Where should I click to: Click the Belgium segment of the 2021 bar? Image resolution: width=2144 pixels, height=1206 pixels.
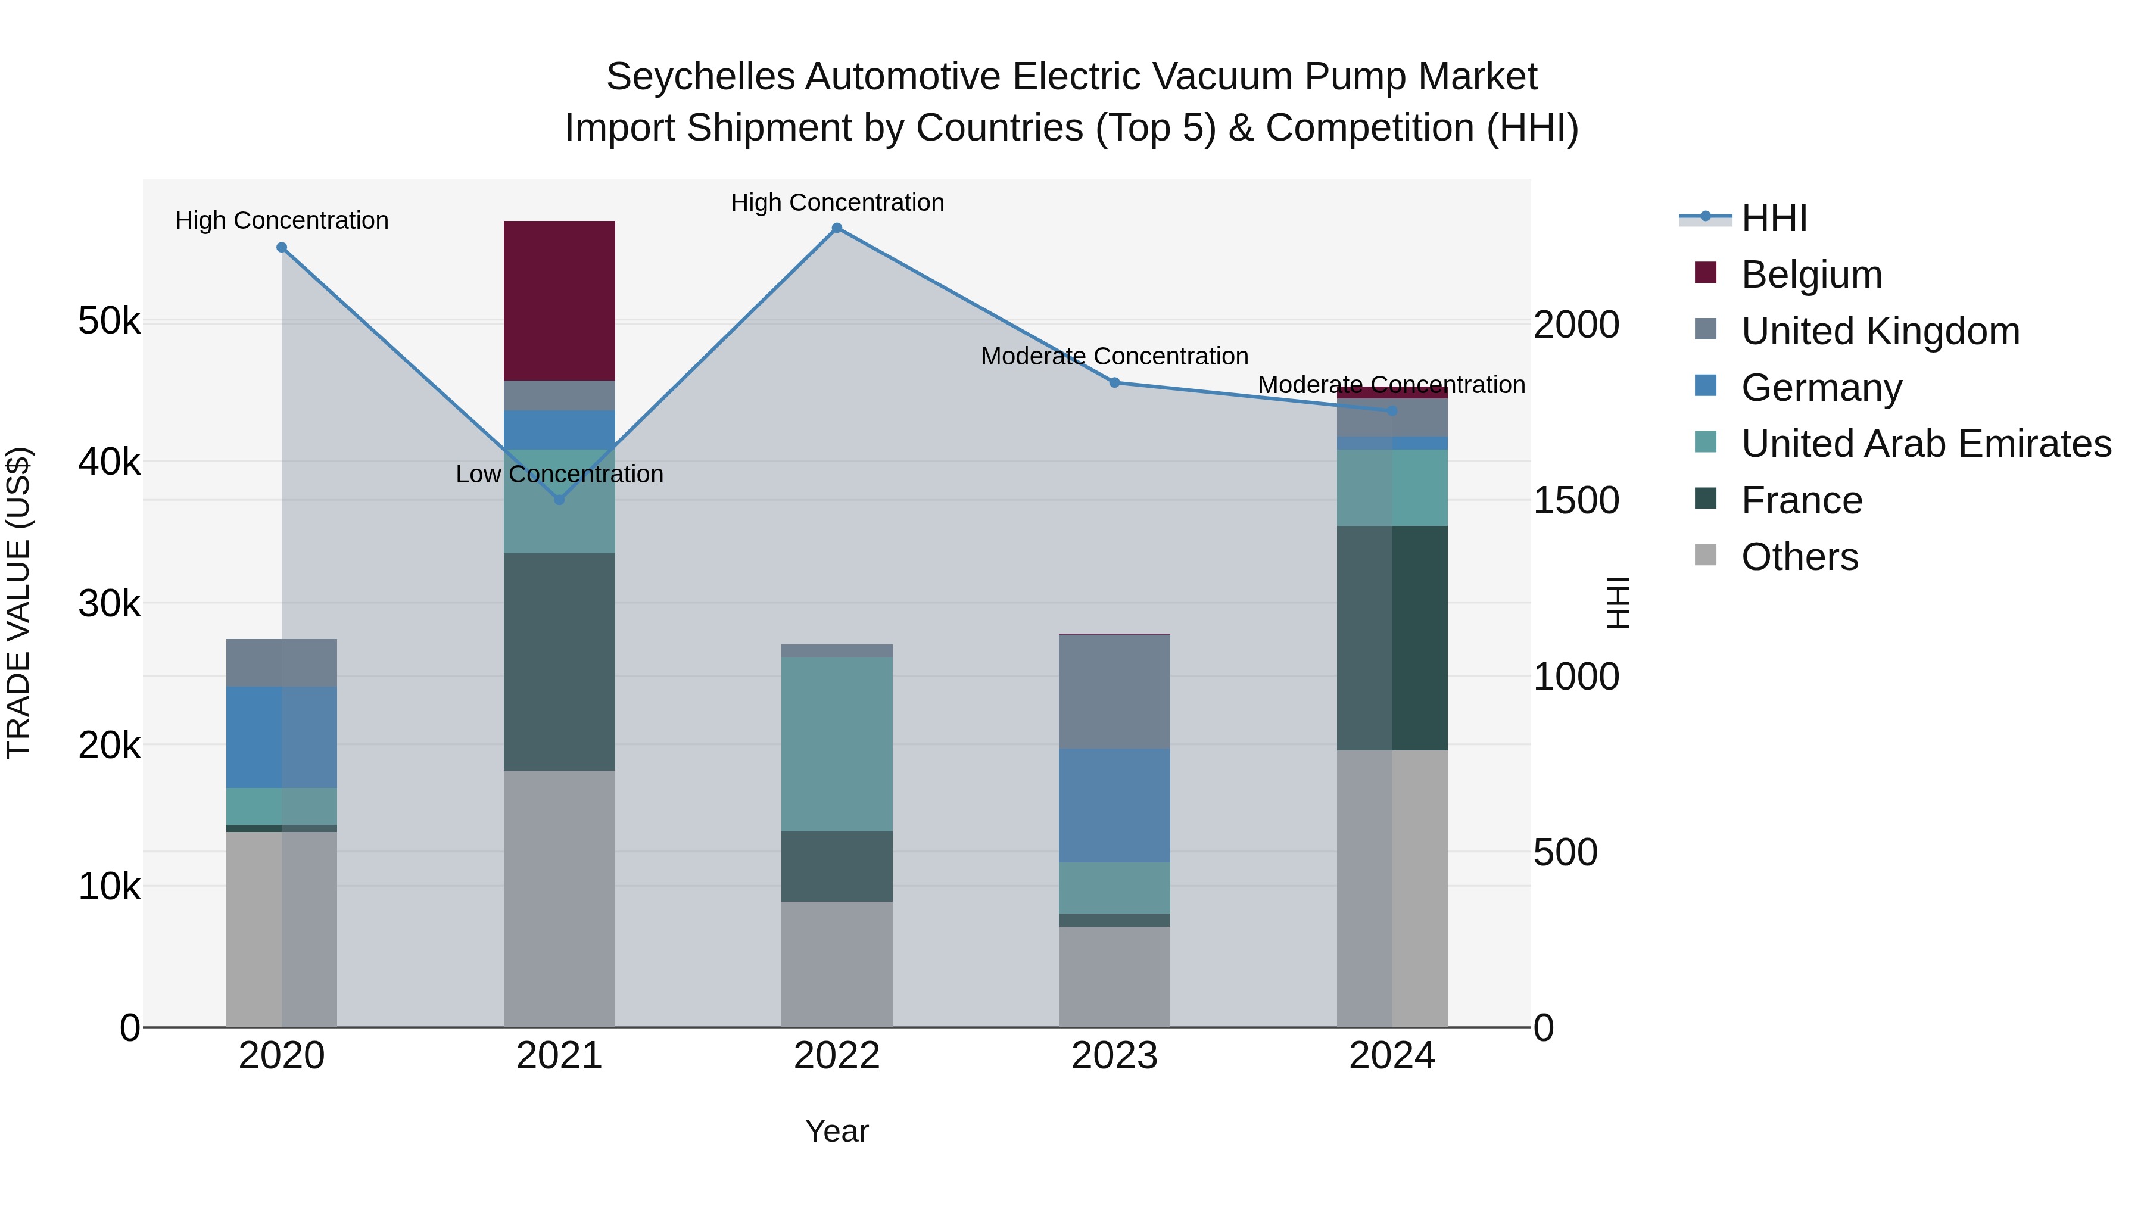[x=559, y=301]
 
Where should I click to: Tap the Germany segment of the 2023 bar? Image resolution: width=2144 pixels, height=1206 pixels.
[x=1114, y=805]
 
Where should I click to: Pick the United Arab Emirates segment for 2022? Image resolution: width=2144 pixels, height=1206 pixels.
[x=837, y=744]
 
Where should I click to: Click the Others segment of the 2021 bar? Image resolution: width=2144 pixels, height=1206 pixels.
[x=559, y=898]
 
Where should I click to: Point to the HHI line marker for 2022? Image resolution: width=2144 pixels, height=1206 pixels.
[x=837, y=228]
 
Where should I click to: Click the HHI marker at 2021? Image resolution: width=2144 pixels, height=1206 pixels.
[x=559, y=500]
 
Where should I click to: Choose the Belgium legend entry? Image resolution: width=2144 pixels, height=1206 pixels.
[x=1811, y=275]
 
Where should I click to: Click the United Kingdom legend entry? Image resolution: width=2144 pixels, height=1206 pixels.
[x=1880, y=331]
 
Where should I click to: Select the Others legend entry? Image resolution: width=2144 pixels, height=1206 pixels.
[x=1799, y=557]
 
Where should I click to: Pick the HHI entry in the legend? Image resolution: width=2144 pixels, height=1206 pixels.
[x=1774, y=218]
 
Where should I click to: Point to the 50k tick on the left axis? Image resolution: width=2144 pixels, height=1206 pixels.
[x=109, y=320]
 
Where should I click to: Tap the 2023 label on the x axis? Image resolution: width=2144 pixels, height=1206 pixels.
[x=1114, y=1056]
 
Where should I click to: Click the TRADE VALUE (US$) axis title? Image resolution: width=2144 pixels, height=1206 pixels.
[x=20, y=603]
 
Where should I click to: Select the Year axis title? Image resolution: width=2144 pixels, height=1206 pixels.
[x=837, y=1131]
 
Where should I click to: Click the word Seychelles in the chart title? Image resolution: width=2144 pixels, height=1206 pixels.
[x=701, y=77]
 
